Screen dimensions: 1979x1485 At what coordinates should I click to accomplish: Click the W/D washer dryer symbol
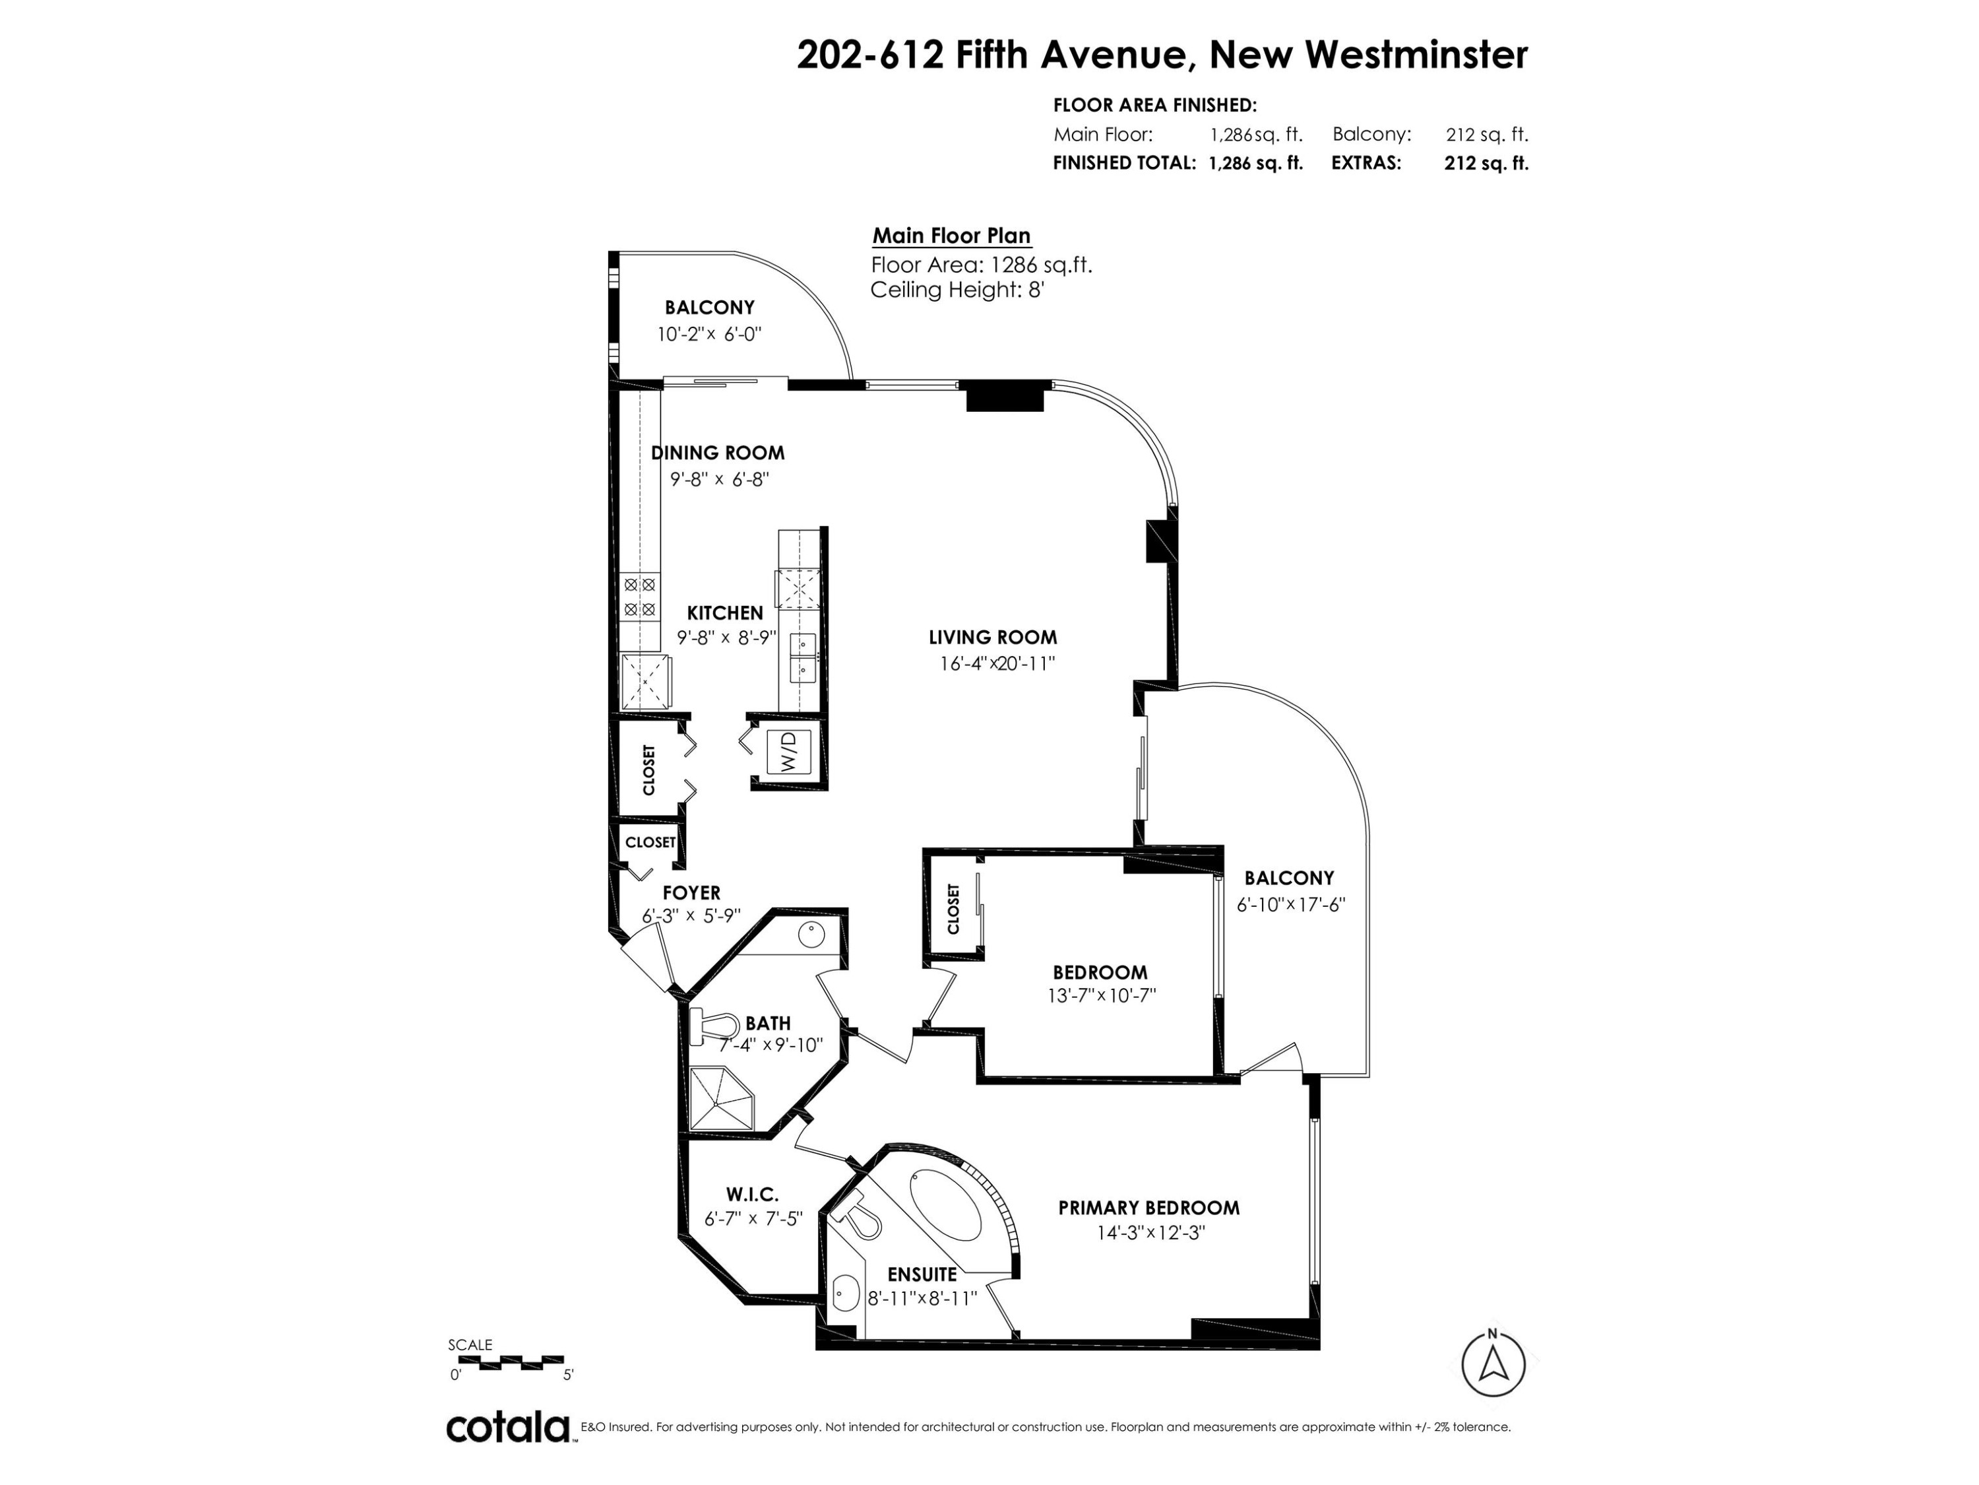tap(789, 751)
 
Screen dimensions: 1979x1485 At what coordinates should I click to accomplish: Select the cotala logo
tap(507, 1427)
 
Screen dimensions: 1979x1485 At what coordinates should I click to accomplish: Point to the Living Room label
tap(992, 638)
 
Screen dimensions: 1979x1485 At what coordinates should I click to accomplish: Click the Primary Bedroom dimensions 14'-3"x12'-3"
tap(1151, 1233)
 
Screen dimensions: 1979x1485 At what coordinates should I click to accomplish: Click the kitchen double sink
tap(803, 656)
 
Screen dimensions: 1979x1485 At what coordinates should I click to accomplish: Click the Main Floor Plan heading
tap(952, 236)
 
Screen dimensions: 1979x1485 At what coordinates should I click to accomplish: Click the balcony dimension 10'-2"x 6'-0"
tap(708, 334)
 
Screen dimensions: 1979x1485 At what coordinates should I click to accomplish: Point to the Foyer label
tap(691, 892)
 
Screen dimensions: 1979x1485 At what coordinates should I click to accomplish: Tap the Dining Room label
tap(718, 453)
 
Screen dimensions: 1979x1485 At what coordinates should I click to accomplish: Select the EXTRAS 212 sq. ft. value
tap(1486, 163)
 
